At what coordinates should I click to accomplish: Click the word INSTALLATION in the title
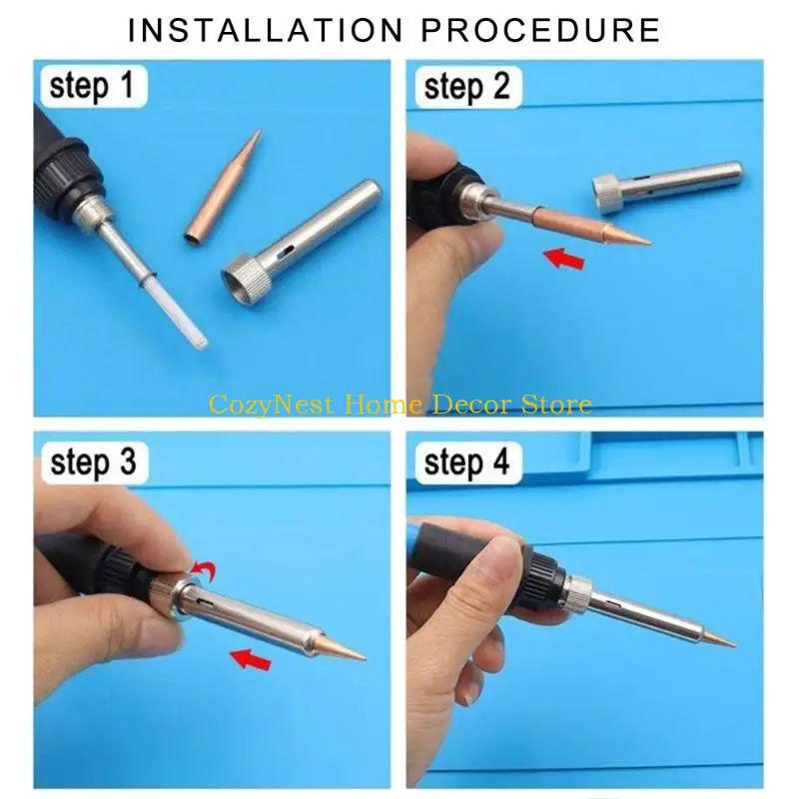[263, 29]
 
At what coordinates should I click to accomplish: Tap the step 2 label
[466, 87]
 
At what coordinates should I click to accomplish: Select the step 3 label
[93, 463]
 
